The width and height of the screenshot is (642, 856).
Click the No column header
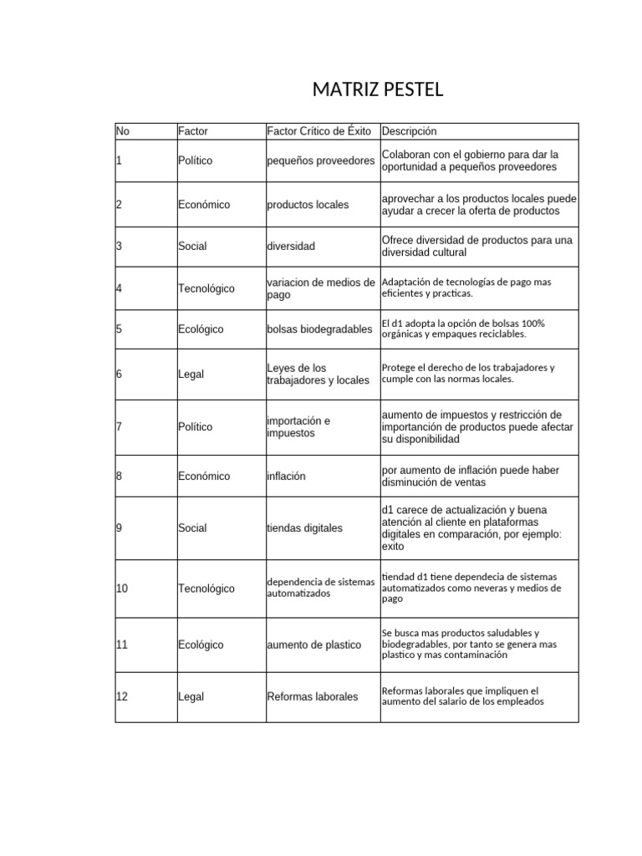123,131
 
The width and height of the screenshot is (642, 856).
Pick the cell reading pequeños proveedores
320,160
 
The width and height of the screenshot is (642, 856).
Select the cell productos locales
308,205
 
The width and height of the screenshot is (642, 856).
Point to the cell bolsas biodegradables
319,329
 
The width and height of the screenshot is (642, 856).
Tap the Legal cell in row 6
191,374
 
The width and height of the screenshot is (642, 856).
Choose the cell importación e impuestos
298,427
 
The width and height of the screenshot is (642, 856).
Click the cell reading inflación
286,476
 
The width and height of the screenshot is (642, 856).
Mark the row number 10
122,588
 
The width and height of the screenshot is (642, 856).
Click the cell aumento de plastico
313,645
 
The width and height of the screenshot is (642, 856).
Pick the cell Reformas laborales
312,697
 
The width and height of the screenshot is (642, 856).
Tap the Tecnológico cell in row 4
206,288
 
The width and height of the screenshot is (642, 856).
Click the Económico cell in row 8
203,476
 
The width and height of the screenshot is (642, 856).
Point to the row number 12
122,697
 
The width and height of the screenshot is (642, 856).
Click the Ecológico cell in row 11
201,645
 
